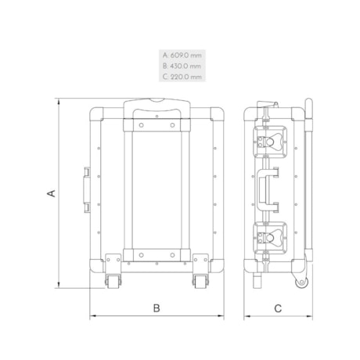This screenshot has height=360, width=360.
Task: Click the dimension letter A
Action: click(52, 193)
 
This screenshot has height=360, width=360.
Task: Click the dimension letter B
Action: click(157, 308)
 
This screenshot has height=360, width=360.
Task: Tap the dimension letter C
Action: click(278, 308)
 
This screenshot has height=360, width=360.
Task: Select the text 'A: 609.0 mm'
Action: click(182, 56)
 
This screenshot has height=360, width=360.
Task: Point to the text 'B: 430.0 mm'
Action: click(182, 66)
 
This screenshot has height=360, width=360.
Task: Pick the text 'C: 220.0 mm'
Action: click(182, 77)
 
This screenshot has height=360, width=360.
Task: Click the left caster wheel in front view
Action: click(113, 281)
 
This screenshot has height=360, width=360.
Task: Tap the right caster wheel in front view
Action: click(200, 281)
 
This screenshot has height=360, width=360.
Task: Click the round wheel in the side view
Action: click(302, 283)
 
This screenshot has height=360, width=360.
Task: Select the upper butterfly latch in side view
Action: click(270, 142)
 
